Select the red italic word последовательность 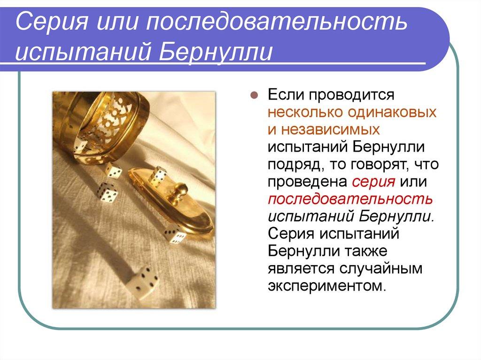(350, 199)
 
